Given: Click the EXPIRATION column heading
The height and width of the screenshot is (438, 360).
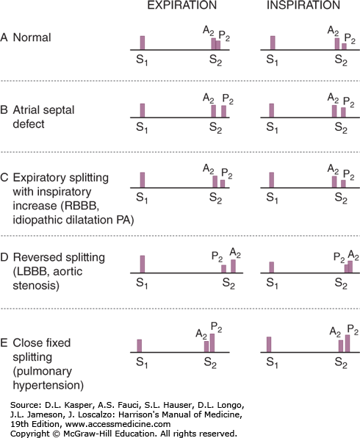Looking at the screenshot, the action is pos(181,5).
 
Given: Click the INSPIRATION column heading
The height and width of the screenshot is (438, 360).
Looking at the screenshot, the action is pos(303,5).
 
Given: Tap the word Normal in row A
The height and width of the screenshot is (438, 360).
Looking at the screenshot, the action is pos(32,37).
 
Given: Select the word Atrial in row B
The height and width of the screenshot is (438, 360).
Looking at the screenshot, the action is pos(27,109).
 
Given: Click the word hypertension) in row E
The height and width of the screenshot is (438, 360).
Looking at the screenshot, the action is pos(48,386).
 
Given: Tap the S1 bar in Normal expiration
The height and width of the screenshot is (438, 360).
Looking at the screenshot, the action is pos(143,43).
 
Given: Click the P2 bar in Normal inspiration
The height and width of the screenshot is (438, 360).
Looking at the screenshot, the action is pos(344,46).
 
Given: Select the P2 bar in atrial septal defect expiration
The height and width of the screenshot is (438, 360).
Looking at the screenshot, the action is pos(223,111).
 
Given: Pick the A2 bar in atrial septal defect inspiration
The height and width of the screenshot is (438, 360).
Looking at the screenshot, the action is pos(334,111).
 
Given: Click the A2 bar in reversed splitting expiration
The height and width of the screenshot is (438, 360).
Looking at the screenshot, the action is pos(233,266).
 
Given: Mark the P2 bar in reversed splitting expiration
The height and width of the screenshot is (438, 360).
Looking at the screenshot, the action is pos(223,269).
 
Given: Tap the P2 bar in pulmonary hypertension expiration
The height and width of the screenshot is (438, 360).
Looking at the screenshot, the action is pos(212,342).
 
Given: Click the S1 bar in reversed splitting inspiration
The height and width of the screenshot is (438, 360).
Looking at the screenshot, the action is pos(271,268).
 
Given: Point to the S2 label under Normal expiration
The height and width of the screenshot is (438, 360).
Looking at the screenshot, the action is pos(215,60).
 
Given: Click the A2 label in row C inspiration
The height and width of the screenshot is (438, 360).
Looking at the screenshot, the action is pos(334,170).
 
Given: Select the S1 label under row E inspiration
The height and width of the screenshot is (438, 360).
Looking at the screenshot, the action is pos(272,362).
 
